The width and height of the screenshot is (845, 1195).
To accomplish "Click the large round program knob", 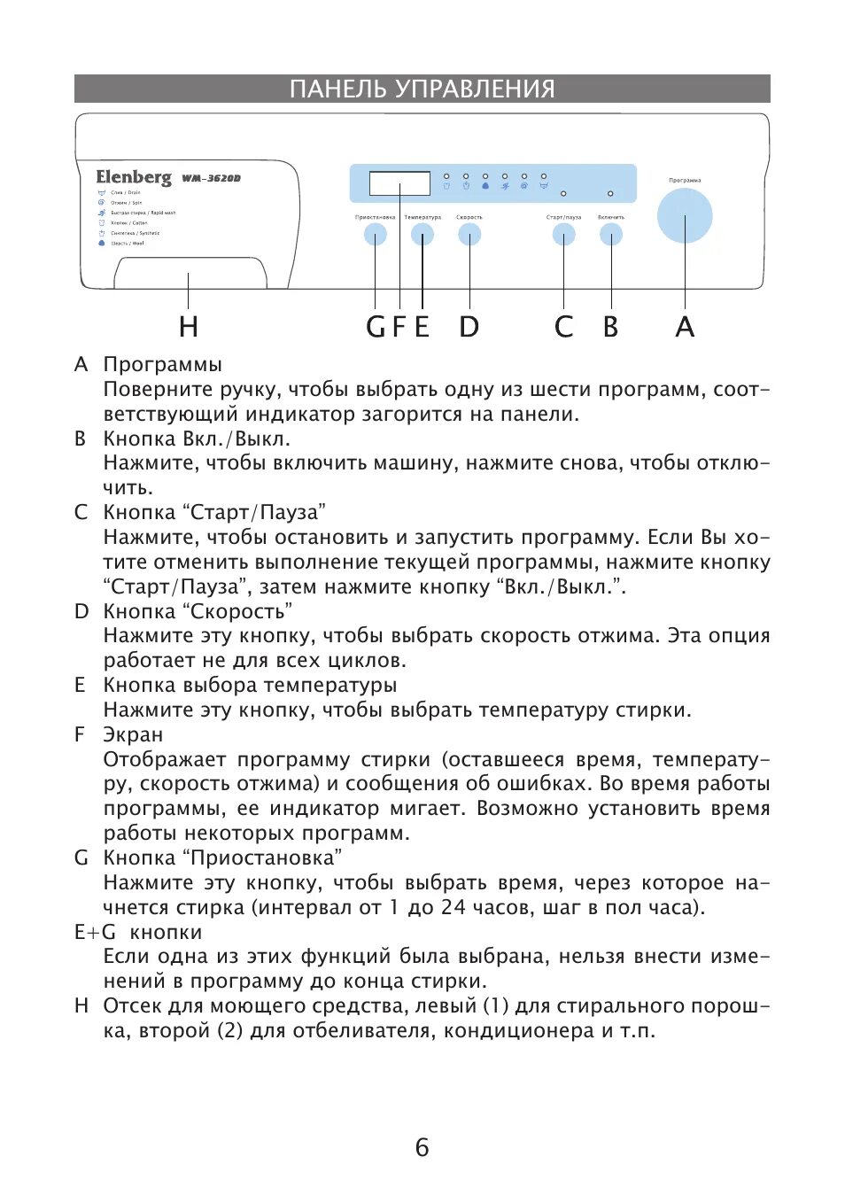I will click(x=684, y=216).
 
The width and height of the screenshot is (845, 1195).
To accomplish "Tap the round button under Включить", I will click(x=611, y=235).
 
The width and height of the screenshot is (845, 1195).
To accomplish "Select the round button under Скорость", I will click(x=469, y=235).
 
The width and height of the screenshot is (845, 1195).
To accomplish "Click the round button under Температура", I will click(x=422, y=235).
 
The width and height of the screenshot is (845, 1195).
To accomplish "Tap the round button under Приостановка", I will click(x=376, y=235).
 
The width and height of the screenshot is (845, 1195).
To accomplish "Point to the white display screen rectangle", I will click(x=399, y=183).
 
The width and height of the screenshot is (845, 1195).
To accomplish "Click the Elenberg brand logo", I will click(x=134, y=177).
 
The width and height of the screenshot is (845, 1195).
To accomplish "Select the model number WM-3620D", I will click(x=212, y=178).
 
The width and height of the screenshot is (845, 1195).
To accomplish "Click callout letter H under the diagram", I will click(x=188, y=327).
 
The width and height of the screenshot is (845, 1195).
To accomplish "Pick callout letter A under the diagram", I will click(x=685, y=327).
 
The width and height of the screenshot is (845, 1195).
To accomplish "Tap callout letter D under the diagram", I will click(x=469, y=327).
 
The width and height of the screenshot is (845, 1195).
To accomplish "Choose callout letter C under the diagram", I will click(x=563, y=327).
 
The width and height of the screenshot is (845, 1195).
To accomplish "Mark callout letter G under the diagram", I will click(x=376, y=327).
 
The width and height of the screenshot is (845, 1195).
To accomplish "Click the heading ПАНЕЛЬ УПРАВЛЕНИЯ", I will click(x=422, y=89).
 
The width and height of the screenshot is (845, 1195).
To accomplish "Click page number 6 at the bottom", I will click(x=422, y=1147).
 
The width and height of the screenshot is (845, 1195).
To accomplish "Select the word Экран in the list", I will click(x=133, y=734).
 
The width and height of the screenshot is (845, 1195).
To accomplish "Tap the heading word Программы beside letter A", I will click(x=162, y=364).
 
